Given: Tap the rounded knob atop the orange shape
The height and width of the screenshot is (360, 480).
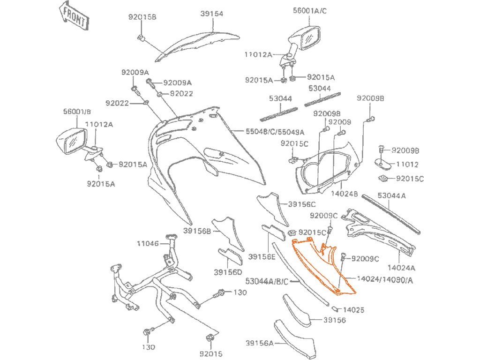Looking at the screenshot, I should coord(337,243).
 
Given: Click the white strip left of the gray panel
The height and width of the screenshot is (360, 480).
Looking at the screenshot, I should coord(28,180).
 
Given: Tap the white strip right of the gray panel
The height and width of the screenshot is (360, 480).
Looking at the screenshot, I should coord(451,180).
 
